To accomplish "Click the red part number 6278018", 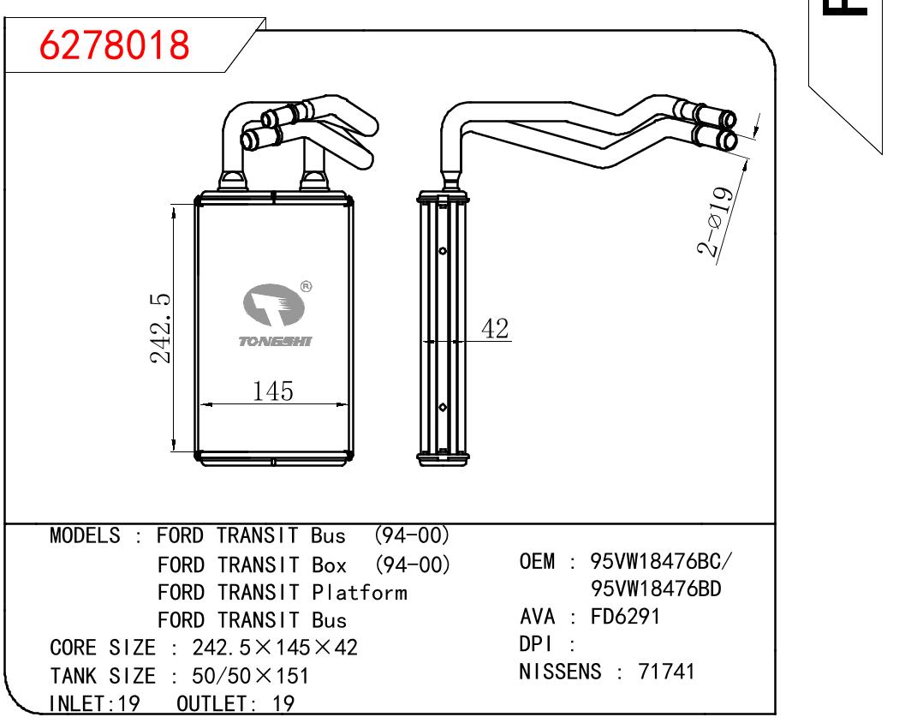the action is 115,45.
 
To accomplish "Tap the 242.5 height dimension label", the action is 160,329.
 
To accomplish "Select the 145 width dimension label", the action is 272,391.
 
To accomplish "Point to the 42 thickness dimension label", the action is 495,329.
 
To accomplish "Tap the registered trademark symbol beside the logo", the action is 306,287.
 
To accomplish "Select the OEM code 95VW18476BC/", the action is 660,561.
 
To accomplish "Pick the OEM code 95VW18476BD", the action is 656,589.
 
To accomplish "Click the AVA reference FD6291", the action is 624,617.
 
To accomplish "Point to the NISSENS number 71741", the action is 666,672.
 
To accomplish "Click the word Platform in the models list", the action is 359,593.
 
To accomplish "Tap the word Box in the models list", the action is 330,565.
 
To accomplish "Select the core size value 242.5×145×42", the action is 275,648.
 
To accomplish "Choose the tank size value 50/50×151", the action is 250,676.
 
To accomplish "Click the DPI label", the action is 535,644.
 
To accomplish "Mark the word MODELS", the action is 85,535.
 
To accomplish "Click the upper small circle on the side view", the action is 443,251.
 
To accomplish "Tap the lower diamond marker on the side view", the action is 443,407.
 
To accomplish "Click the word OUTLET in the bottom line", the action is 211,703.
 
